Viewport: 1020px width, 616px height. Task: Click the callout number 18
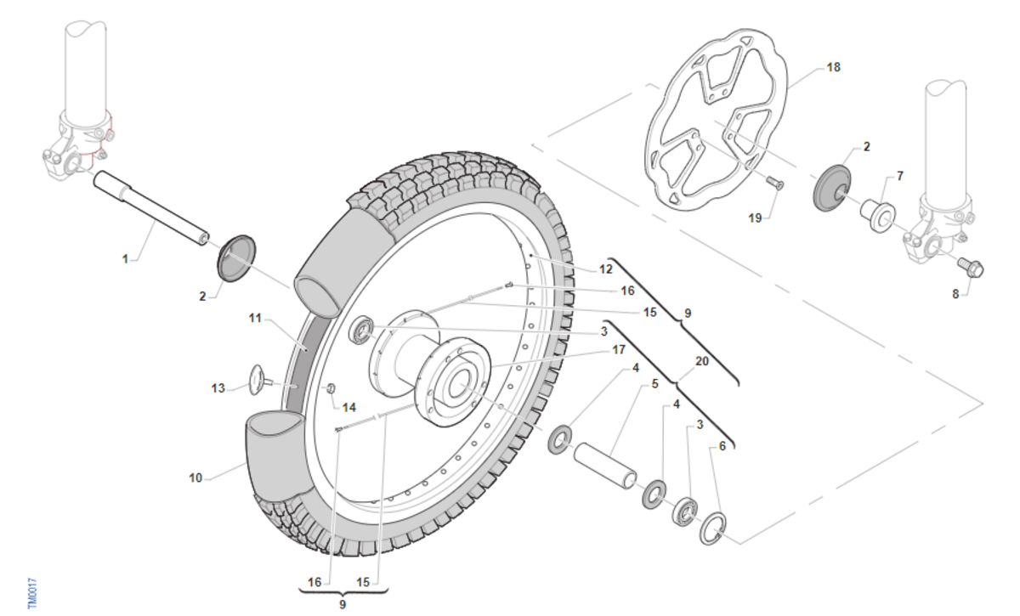tap(833, 67)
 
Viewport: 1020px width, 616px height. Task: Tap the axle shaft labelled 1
tap(151, 207)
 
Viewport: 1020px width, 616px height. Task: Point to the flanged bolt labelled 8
tap(971, 268)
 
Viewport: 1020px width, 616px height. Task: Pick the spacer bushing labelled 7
tap(877, 217)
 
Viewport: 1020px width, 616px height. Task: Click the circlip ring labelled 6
tap(713, 528)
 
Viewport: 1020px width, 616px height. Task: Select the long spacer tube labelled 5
tap(604, 466)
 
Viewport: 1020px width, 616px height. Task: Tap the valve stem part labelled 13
tap(260, 380)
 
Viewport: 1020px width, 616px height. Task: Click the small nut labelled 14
tap(331, 388)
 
